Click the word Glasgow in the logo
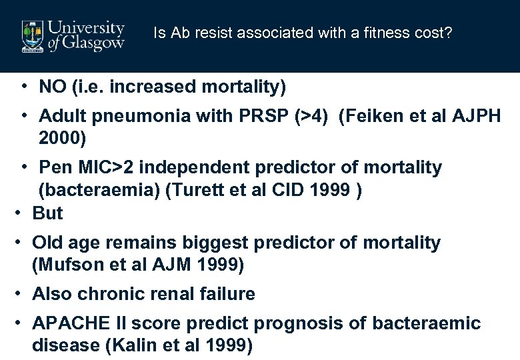click(x=93, y=44)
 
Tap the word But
click(x=47, y=213)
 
